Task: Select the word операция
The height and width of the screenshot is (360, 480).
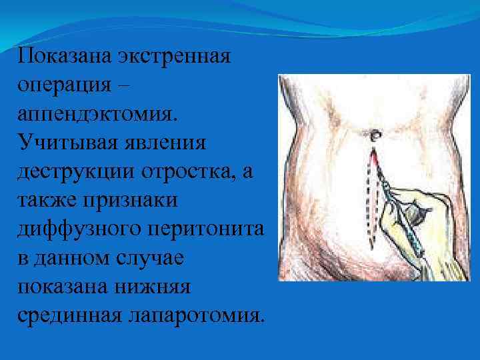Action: (65, 85)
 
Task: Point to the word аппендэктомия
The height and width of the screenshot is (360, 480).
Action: (99, 113)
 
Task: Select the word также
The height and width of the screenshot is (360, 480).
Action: (47, 200)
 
